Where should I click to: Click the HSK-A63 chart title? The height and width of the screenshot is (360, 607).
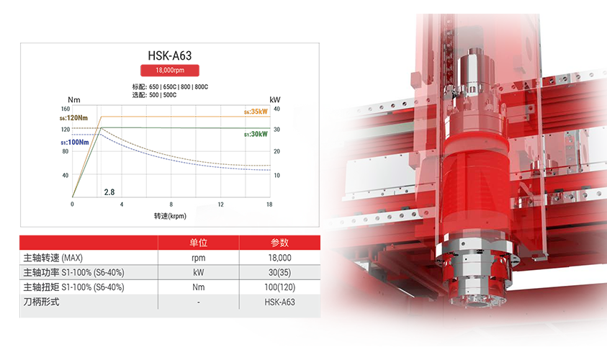coord(169,55)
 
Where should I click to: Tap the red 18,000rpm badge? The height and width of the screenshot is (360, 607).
coord(169,70)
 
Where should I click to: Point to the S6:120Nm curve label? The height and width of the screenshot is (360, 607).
coord(73,117)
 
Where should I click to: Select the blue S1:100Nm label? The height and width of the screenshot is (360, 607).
coord(75,142)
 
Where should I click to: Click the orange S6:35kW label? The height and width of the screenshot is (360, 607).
coord(256,112)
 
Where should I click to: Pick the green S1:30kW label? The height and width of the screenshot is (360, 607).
coord(256,134)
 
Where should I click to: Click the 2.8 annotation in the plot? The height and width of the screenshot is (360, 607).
coord(109,192)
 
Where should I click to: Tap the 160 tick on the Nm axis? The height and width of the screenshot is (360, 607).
coord(66,109)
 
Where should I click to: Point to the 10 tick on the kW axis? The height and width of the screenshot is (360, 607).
coord(276,176)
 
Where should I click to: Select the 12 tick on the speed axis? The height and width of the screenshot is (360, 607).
coord(220,204)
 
